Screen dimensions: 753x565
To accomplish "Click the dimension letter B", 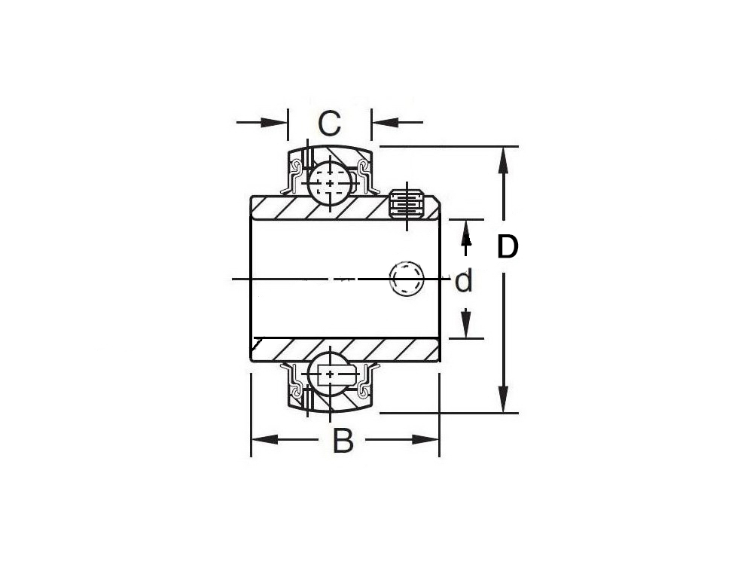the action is tap(343, 441).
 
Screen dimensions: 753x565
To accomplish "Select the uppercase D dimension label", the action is tap(508, 246).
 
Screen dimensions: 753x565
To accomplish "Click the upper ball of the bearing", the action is tap(330, 183).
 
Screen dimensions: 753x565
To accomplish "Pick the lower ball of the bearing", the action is tap(330, 374).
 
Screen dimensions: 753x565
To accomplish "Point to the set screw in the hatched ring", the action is tap(407, 205).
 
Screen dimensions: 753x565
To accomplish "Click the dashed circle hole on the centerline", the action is tap(407, 279).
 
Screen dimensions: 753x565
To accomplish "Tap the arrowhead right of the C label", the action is tap(385, 122).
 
